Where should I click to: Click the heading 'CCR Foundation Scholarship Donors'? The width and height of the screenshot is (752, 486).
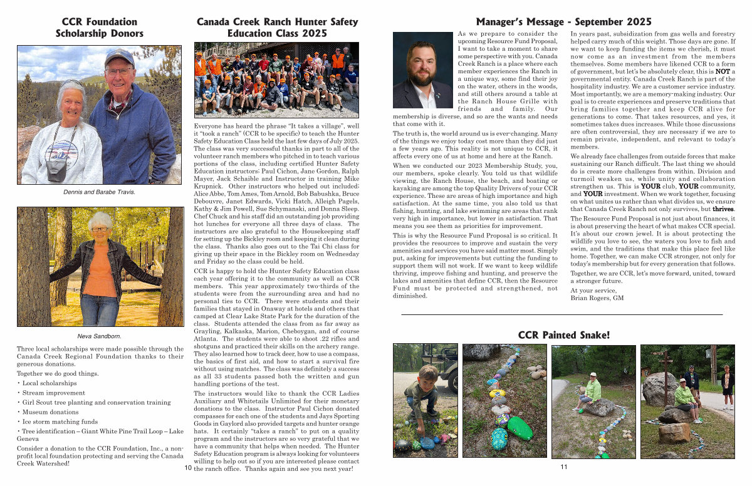coord(99,28)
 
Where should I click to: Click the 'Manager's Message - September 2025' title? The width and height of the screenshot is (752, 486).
coord(563,22)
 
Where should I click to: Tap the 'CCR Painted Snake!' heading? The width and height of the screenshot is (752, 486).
coord(563,335)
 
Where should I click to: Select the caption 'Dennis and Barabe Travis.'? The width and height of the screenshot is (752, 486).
coord(99,192)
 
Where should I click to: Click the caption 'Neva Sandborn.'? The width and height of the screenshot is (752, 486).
coord(99,336)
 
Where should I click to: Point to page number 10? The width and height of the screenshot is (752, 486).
coord(188,467)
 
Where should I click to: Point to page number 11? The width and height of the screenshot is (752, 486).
coord(564,467)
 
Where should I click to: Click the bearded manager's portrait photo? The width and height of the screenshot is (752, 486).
coord(422,70)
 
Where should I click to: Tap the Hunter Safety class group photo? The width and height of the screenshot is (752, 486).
coord(276,80)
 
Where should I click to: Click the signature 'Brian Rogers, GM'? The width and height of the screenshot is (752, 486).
coord(597,298)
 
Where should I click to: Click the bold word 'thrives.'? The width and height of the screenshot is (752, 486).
coord(723,209)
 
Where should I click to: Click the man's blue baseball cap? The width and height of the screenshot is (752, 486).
coord(119,57)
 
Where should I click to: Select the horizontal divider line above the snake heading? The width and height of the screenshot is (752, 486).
coord(561,314)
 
